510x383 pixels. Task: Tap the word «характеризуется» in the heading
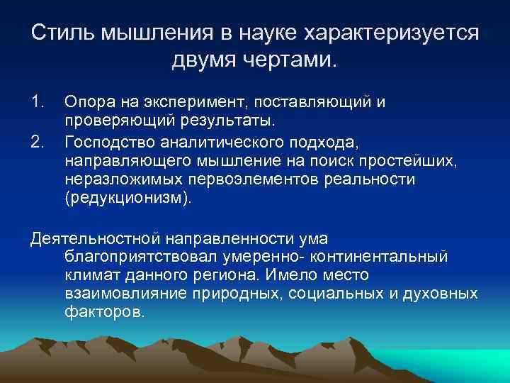click(391, 34)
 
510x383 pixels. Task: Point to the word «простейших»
click(412, 162)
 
